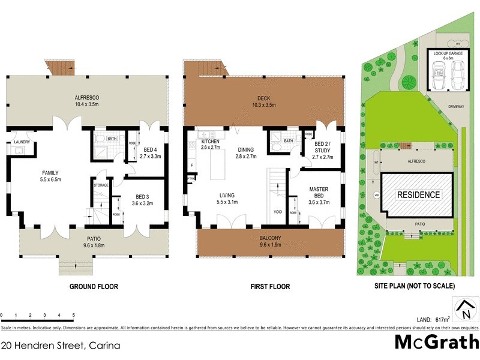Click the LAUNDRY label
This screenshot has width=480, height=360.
pyautogui.click(x=22, y=142)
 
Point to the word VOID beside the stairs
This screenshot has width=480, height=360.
pyautogui.click(x=277, y=212)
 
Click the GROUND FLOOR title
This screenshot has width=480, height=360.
pyautogui.click(x=94, y=287)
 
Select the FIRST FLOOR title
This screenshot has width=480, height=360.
pyautogui.click(x=270, y=287)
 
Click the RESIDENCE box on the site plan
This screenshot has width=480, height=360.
pyautogui.click(x=418, y=195)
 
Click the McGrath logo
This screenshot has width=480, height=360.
pyautogui.click(x=436, y=343)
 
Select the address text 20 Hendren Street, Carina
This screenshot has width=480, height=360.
pyautogui.click(x=60, y=346)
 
